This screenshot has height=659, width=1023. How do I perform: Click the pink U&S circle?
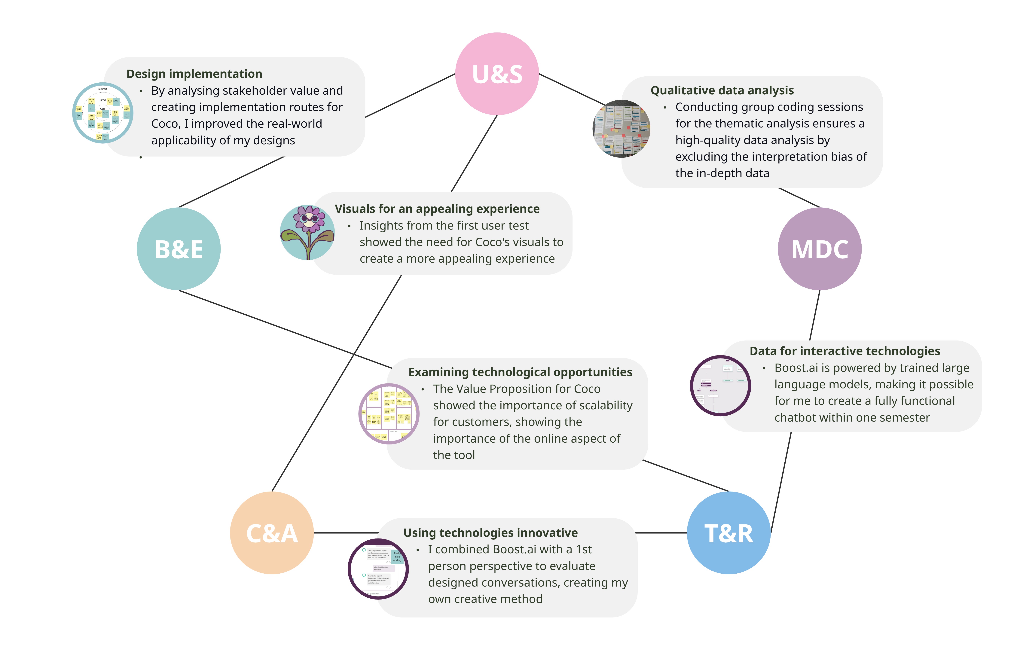pyautogui.click(x=497, y=74)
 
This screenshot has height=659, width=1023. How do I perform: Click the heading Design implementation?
pyautogui.click(x=194, y=74)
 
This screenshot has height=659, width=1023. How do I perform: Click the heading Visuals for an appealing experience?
pyautogui.click(x=437, y=209)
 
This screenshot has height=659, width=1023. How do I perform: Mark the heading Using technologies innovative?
pyautogui.click(x=490, y=533)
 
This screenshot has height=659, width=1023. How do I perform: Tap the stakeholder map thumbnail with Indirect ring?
pyautogui.click(x=103, y=113)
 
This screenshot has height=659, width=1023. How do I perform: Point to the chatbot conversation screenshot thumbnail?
pyautogui.click(x=378, y=569)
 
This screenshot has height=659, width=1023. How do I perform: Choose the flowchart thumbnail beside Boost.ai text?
pyautogui.click(x=720, y=386)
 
